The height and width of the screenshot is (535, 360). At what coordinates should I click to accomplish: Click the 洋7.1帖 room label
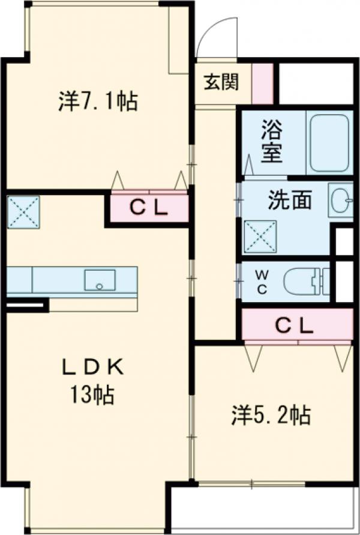click(x=98, y=101)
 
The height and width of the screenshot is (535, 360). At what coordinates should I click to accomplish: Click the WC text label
click(x=262, y=281)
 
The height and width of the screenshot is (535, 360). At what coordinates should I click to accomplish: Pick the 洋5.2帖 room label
click(x=271, y=416)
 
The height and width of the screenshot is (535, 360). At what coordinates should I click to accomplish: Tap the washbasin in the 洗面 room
click(x=340, y=200)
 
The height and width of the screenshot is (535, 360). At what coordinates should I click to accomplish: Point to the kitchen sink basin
click(x=100, y=280)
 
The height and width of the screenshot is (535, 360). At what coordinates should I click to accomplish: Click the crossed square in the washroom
click(x=260, y=236)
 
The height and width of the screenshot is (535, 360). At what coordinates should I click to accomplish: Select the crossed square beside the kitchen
click(x=23, y=211)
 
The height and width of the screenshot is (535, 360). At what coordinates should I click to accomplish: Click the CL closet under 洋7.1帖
click(x=148, y=208)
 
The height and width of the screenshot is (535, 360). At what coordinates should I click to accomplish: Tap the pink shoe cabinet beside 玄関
click(x=262, y=82)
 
